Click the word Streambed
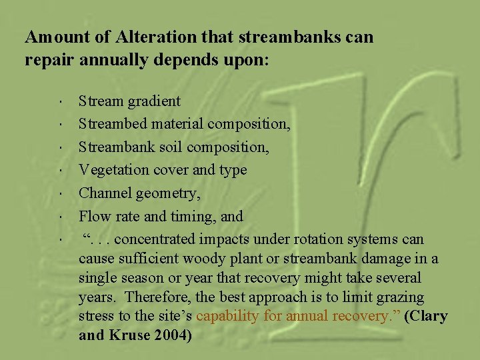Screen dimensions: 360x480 109,124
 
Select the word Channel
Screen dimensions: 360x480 103,193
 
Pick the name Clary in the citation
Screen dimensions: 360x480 429,316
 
